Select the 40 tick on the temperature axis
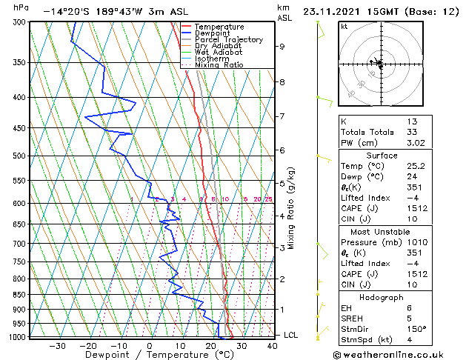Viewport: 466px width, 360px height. [x=272, y=346]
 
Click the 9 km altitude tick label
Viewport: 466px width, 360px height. [x=282, y=47]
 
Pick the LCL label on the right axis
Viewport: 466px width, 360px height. [x=291, y=335]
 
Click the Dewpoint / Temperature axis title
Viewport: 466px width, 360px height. [x=149, y=355]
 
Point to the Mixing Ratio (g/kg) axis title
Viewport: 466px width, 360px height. [x=291, y=208]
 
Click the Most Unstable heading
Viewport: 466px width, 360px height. [x=382, y=220]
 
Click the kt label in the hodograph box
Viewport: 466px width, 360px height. [x=344, y=27]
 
